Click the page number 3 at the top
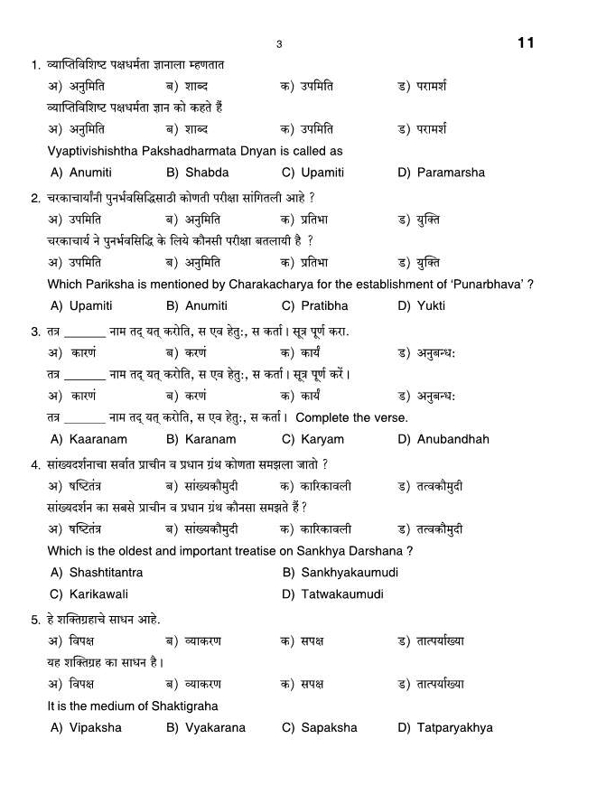(279, 44)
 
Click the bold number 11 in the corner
(527, 42)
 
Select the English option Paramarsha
(451, 173)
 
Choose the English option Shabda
(207, 173)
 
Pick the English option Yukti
(431, 306)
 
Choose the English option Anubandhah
(452, 440)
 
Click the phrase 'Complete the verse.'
(351, 418)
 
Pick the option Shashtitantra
(106, 573)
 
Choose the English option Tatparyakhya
(454, 728)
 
